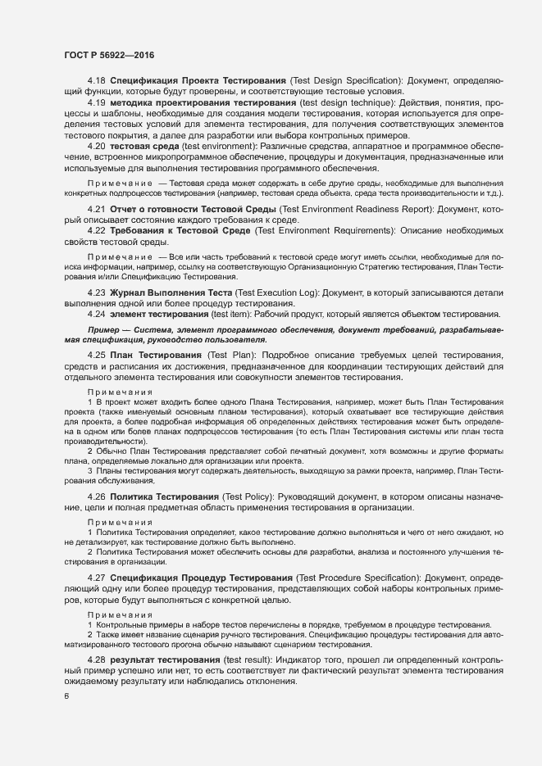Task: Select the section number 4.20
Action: (x=96, y=145)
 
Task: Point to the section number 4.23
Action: (x=96, y=292)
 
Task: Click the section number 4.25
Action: (x=96, y=355)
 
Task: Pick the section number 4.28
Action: (x=96, y=659)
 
